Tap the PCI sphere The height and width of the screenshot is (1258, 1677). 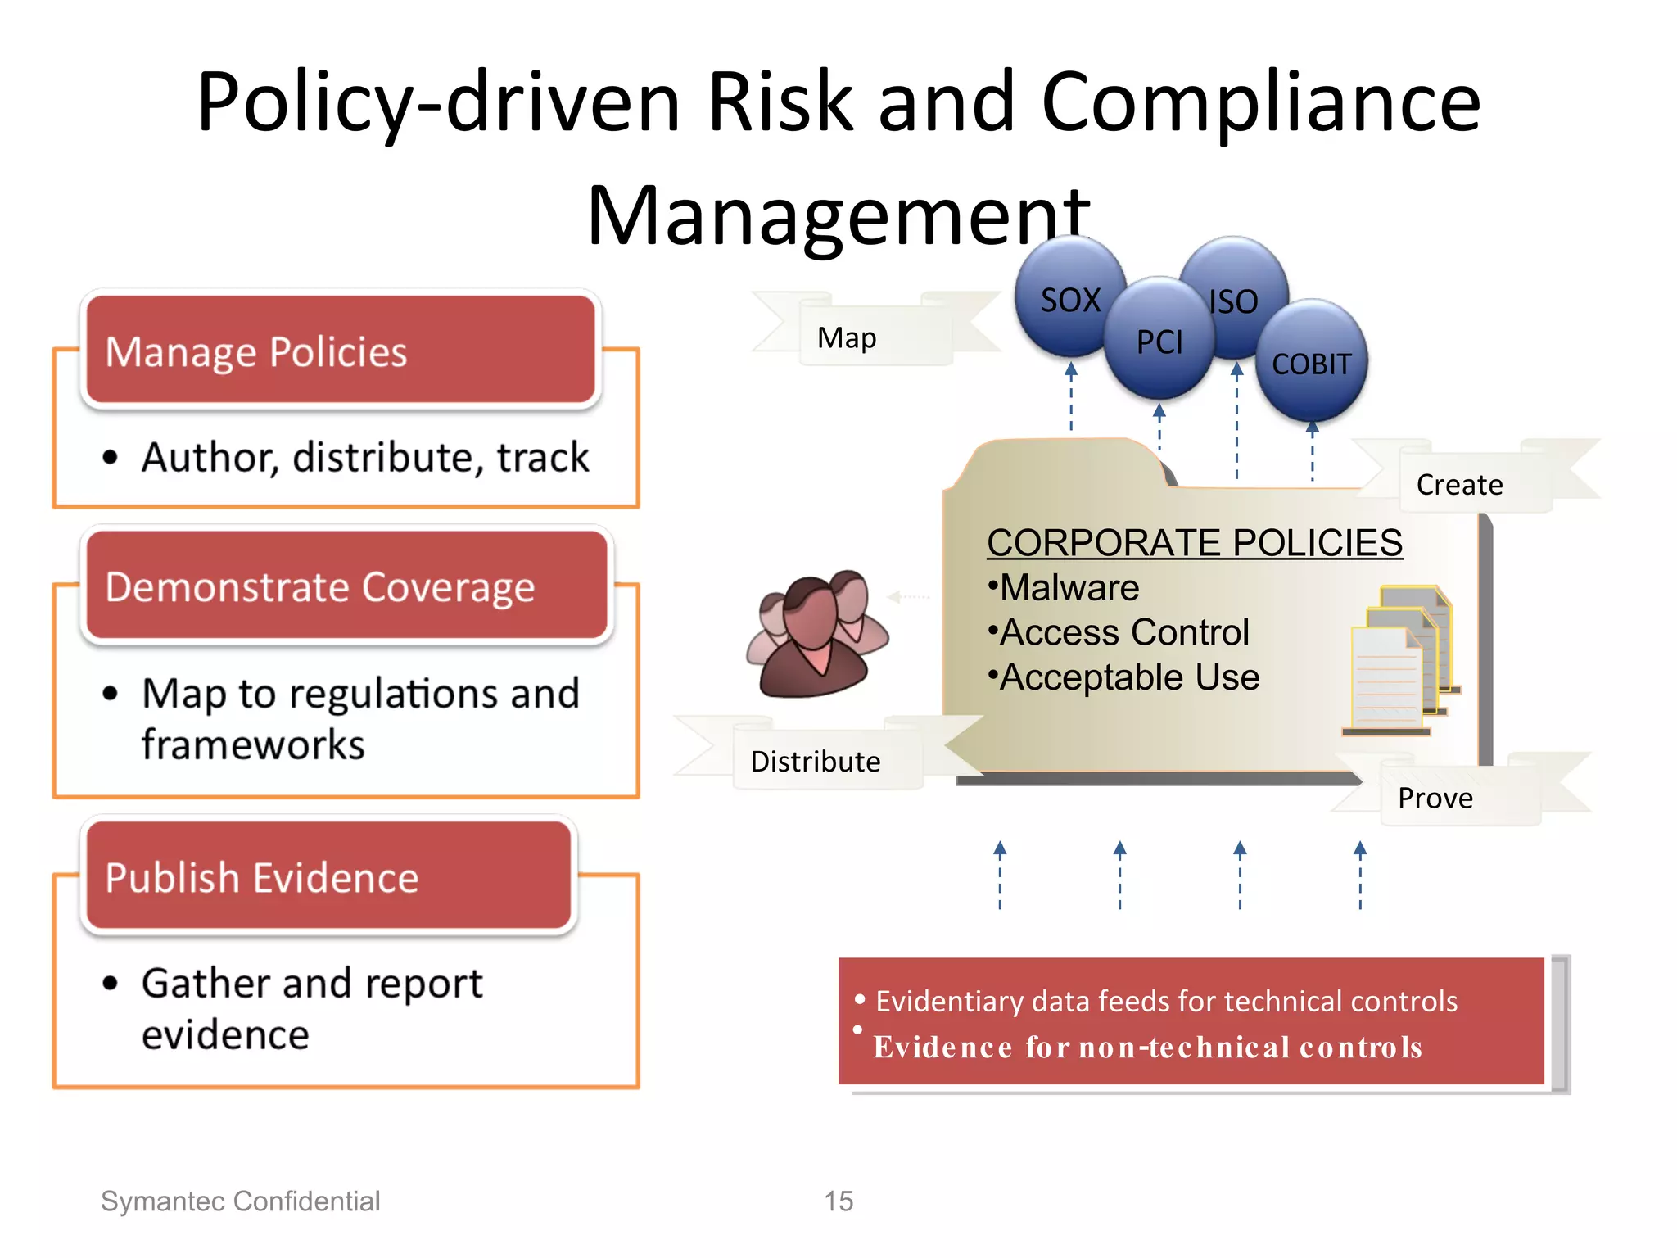(1159, 341)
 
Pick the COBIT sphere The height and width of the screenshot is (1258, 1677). (1311, 363)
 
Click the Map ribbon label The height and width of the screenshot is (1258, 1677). (848, 337)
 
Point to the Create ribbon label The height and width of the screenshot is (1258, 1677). (1459, 484)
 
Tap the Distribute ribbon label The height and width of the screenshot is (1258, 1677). (816, 761)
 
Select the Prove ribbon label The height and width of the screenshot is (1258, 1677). (1435, 797)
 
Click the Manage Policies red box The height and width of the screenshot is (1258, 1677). (340, 351)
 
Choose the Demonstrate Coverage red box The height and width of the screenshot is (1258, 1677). (346, 586)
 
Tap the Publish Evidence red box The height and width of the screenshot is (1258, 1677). (328, 877)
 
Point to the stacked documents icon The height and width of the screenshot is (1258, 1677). (1400, 659)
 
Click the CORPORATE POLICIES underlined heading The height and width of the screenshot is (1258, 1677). (1194, 542)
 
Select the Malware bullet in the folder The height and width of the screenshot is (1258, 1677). (1065, 587)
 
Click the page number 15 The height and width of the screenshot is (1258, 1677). (838, 1201)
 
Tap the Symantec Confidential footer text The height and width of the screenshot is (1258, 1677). (240, 1201)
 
